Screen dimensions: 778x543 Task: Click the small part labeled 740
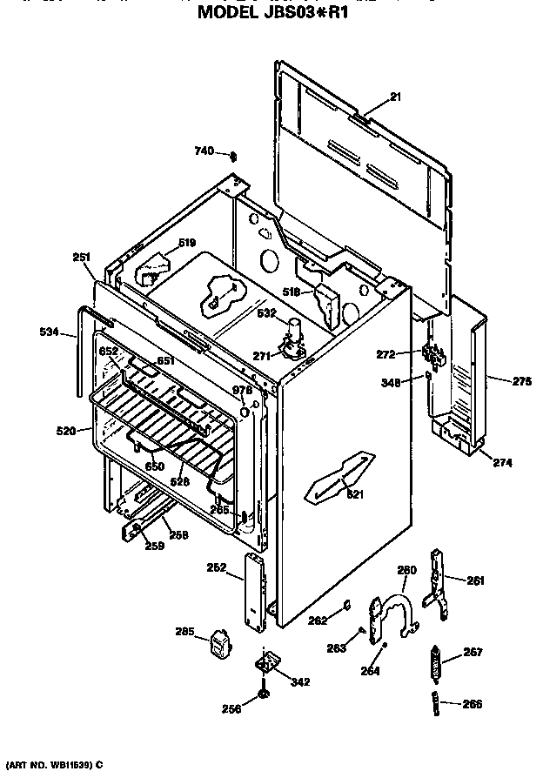point(232,155)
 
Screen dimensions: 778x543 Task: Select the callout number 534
point(50,332)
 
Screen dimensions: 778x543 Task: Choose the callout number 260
point(407,570)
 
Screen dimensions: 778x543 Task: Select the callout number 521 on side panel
point(356,494)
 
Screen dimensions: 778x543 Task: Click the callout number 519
point(187,243)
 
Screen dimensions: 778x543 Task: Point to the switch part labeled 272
point(429,355)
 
